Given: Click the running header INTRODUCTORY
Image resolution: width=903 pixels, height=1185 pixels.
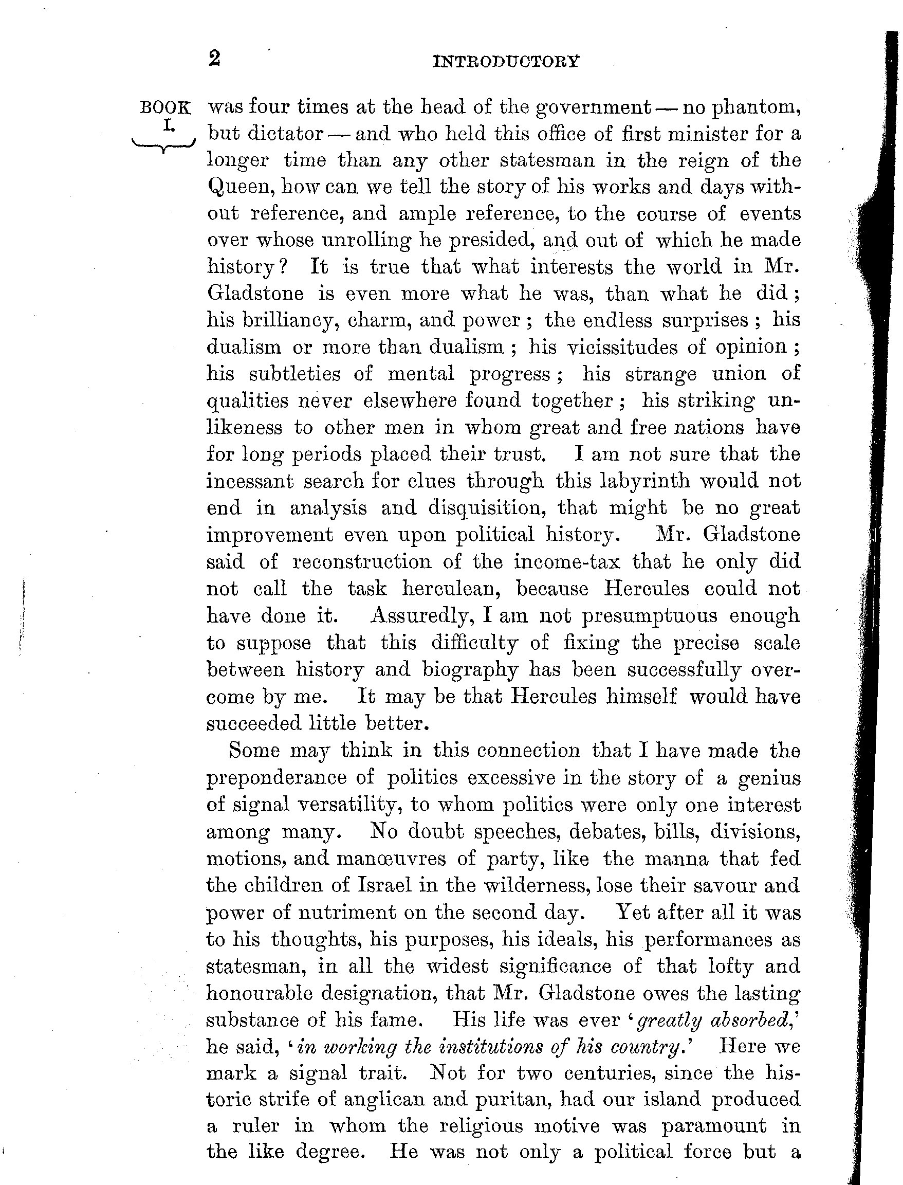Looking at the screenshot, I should click(x=506, y=61).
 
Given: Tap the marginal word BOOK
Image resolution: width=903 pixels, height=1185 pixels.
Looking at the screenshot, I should click(x=165, y=107).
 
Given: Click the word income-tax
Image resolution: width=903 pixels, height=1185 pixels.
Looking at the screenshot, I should click(x=566, y=561).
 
